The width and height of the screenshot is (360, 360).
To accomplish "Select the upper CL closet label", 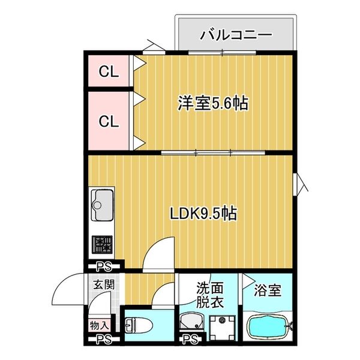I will [109, 73].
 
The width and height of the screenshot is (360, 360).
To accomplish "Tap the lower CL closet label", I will [109, 121].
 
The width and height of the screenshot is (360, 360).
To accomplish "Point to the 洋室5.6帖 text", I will [212, 103].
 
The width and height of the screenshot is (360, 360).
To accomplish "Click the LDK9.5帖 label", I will [202, 213].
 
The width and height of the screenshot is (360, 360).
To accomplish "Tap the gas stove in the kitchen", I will [102, 245].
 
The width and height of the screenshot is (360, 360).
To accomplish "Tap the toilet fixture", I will [140, 326].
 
